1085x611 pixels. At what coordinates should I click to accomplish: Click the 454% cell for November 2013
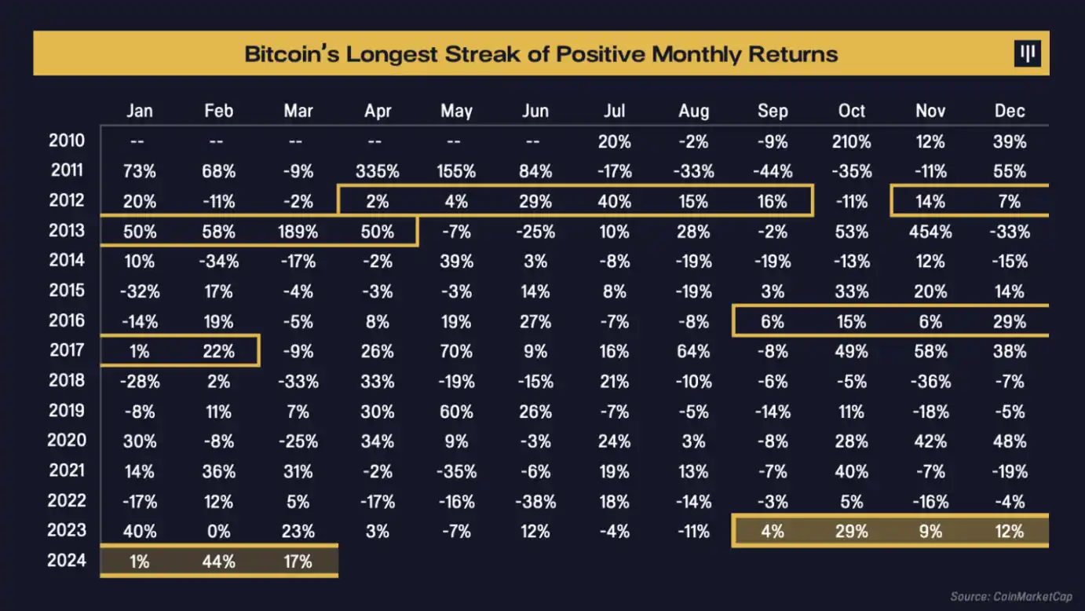click(x=930, y=232)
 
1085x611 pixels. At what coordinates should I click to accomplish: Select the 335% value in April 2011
click(x=378, y=171)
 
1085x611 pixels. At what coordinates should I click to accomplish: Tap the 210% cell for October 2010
click(x=852, y=141)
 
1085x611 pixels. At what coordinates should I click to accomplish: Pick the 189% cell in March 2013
click(x=298, y=232)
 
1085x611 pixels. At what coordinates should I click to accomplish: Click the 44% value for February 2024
click(x=219, y=562)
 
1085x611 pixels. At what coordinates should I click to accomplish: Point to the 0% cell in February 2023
click(x=219, y=532)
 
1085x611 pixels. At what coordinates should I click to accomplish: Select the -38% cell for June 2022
click(x=535, y=501)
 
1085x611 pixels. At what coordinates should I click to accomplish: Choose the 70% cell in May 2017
click(x=456, y=351)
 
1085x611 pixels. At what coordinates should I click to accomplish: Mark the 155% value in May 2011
click(x=456, y=171)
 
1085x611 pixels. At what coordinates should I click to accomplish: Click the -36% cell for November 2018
click(x=930, y=382)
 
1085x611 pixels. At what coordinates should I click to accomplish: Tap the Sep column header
click(x=773, y=112)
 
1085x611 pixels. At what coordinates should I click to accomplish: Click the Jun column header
click(x=535, y=112)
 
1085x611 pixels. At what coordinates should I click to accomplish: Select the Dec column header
click(x=1010, y=112)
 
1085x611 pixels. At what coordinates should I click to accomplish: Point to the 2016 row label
click(x=67, y=320)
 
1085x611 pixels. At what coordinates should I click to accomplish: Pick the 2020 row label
click(x=67, y=441)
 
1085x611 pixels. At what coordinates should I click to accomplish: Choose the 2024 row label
click(x=67, y=561)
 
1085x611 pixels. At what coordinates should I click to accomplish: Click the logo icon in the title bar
click(x=1027, y=53)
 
